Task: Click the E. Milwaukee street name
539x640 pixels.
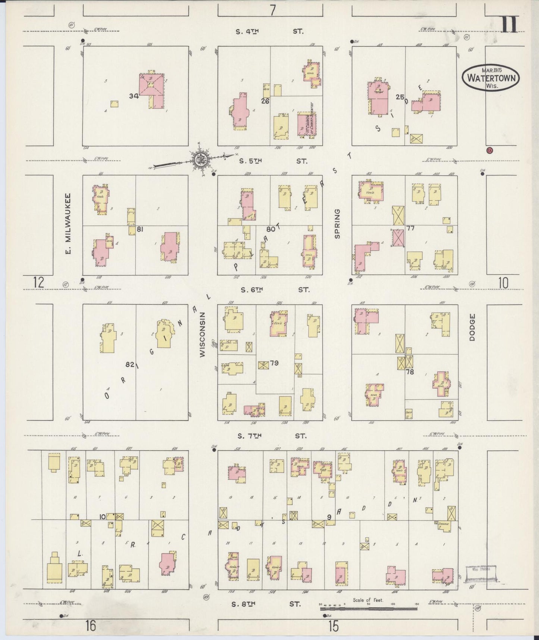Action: point(68,223)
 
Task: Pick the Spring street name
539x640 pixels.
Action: point(337,223)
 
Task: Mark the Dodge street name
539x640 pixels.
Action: point(473,327)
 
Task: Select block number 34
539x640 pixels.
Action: point(134,96)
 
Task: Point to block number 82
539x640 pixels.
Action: point(130,364)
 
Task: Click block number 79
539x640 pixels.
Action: point(274,363)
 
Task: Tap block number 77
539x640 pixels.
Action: point(410,228)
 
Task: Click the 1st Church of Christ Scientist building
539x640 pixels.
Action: point(307,124)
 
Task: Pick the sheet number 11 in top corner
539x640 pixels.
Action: point(509,25)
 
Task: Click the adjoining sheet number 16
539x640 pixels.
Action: point(90,625)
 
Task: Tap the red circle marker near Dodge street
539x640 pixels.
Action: point(489,150)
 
